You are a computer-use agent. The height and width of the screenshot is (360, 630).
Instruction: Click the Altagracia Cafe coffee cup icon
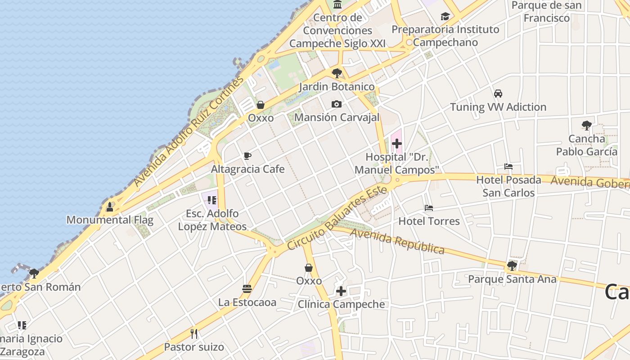pos(247,156)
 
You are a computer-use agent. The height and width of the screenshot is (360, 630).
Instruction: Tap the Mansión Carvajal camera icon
pos(336,104)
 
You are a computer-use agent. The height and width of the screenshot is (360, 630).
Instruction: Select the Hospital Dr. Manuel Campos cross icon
pos(396,144)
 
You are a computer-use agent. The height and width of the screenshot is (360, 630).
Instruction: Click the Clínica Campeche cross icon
pos(341,291)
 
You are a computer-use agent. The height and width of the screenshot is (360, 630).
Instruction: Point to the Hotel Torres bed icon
pos(429,208)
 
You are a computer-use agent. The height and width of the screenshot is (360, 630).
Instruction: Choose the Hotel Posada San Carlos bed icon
pos(508,166)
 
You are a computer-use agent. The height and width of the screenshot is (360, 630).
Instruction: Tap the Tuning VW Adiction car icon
pos(498,94)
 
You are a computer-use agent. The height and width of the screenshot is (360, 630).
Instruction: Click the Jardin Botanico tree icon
pos(337,73)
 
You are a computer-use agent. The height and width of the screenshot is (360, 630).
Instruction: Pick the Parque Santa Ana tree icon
pos(512,266)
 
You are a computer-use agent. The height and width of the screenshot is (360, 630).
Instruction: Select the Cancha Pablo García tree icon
pos(586,126)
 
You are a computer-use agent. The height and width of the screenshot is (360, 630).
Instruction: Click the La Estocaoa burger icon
pos(247,289)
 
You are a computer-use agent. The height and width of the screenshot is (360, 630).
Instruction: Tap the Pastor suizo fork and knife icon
pos(194,334)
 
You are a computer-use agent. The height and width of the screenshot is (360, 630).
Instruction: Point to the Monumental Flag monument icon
pos(109,207)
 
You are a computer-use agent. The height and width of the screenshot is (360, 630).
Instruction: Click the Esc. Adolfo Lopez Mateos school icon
pos(212,200)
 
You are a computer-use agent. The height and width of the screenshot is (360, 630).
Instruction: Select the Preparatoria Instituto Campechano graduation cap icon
pos(445,17)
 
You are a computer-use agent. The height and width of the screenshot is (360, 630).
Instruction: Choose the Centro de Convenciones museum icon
pos(337,4)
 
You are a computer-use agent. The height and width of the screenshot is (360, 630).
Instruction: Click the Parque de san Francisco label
pos(547,12)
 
